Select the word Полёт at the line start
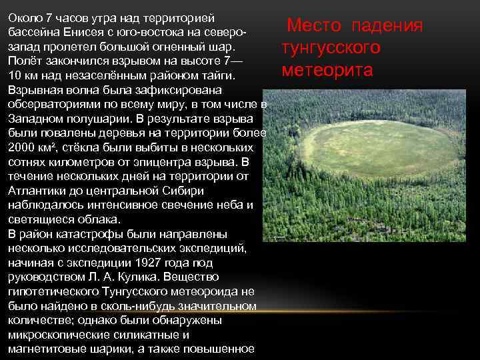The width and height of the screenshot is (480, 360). point(24,61)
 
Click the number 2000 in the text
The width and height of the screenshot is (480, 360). point(21,147)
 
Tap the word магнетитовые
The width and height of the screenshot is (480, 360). point(45,348)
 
